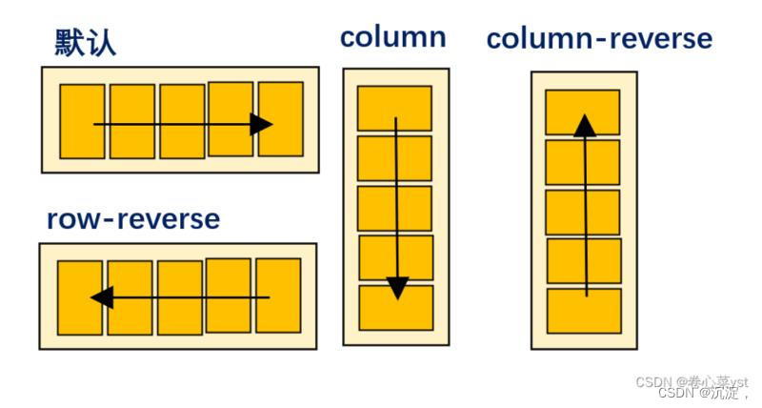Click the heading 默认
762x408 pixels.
click(x=86, y=42)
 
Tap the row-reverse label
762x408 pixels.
click(x=133, y=219)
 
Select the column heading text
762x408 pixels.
click(x=392, y=37)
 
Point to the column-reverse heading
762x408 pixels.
click(x=599, y=38)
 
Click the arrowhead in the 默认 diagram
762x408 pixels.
click(x=261, y=124)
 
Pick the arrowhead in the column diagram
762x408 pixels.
click(x=397, y=287)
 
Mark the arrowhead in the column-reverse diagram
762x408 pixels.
click(x=585, y=125)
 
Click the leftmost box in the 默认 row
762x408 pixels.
click(x=82, y=121)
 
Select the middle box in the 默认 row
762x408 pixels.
click(x=181, y=121)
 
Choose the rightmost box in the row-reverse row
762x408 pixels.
click(x=278, y=296)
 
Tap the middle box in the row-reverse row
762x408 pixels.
click(x=179, y=297)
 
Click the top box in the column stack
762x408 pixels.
click(x=395, y=108)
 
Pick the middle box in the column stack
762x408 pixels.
click(x=395, y=208)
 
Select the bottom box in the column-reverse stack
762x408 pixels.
click(x=584, y=311)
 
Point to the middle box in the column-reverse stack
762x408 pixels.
click(x=583, y=212)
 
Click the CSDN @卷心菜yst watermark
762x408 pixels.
click(x=692, y=381)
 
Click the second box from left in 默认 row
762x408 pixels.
click(x=131, y=121)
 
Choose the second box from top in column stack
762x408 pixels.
click(x=395, y=157)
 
